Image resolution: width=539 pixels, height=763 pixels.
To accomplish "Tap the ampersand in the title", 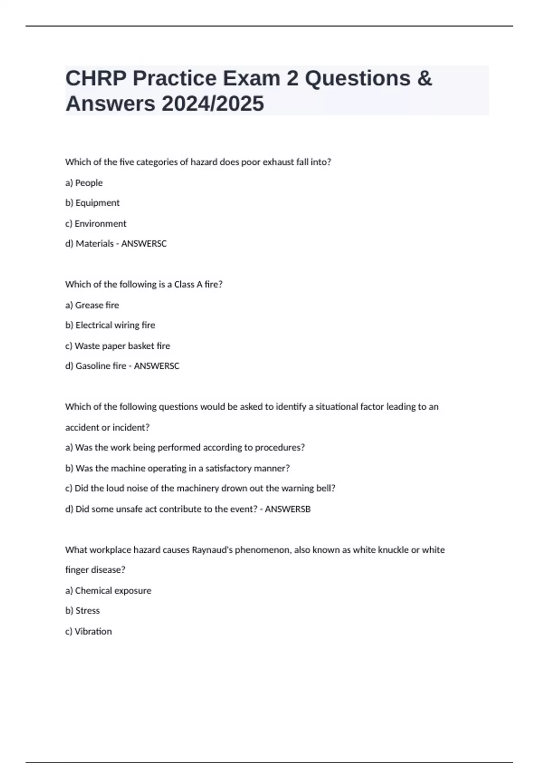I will click(424, 78).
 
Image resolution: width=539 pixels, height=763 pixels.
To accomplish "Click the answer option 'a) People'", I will click(84, 183).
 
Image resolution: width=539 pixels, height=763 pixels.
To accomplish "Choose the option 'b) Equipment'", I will click(93, 203).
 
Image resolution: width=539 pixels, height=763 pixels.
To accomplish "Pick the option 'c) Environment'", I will click(96, 224).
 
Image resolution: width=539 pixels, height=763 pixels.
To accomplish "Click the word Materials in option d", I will click(94, 244).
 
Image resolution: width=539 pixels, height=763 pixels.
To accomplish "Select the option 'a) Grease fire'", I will click(92, 305).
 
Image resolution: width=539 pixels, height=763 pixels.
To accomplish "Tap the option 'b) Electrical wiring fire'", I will click(110, 325).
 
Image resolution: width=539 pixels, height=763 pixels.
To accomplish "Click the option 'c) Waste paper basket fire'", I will click(118, 346).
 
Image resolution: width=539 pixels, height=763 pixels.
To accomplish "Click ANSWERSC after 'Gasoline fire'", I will click(156, 366).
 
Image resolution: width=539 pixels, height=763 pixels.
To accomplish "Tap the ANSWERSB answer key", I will click(287, 509).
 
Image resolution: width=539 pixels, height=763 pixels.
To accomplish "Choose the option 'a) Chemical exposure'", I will click(108, 591).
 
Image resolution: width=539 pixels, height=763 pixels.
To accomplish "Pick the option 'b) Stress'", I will click(83, 611).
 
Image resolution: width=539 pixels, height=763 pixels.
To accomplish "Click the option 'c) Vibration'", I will click(88, 631).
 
